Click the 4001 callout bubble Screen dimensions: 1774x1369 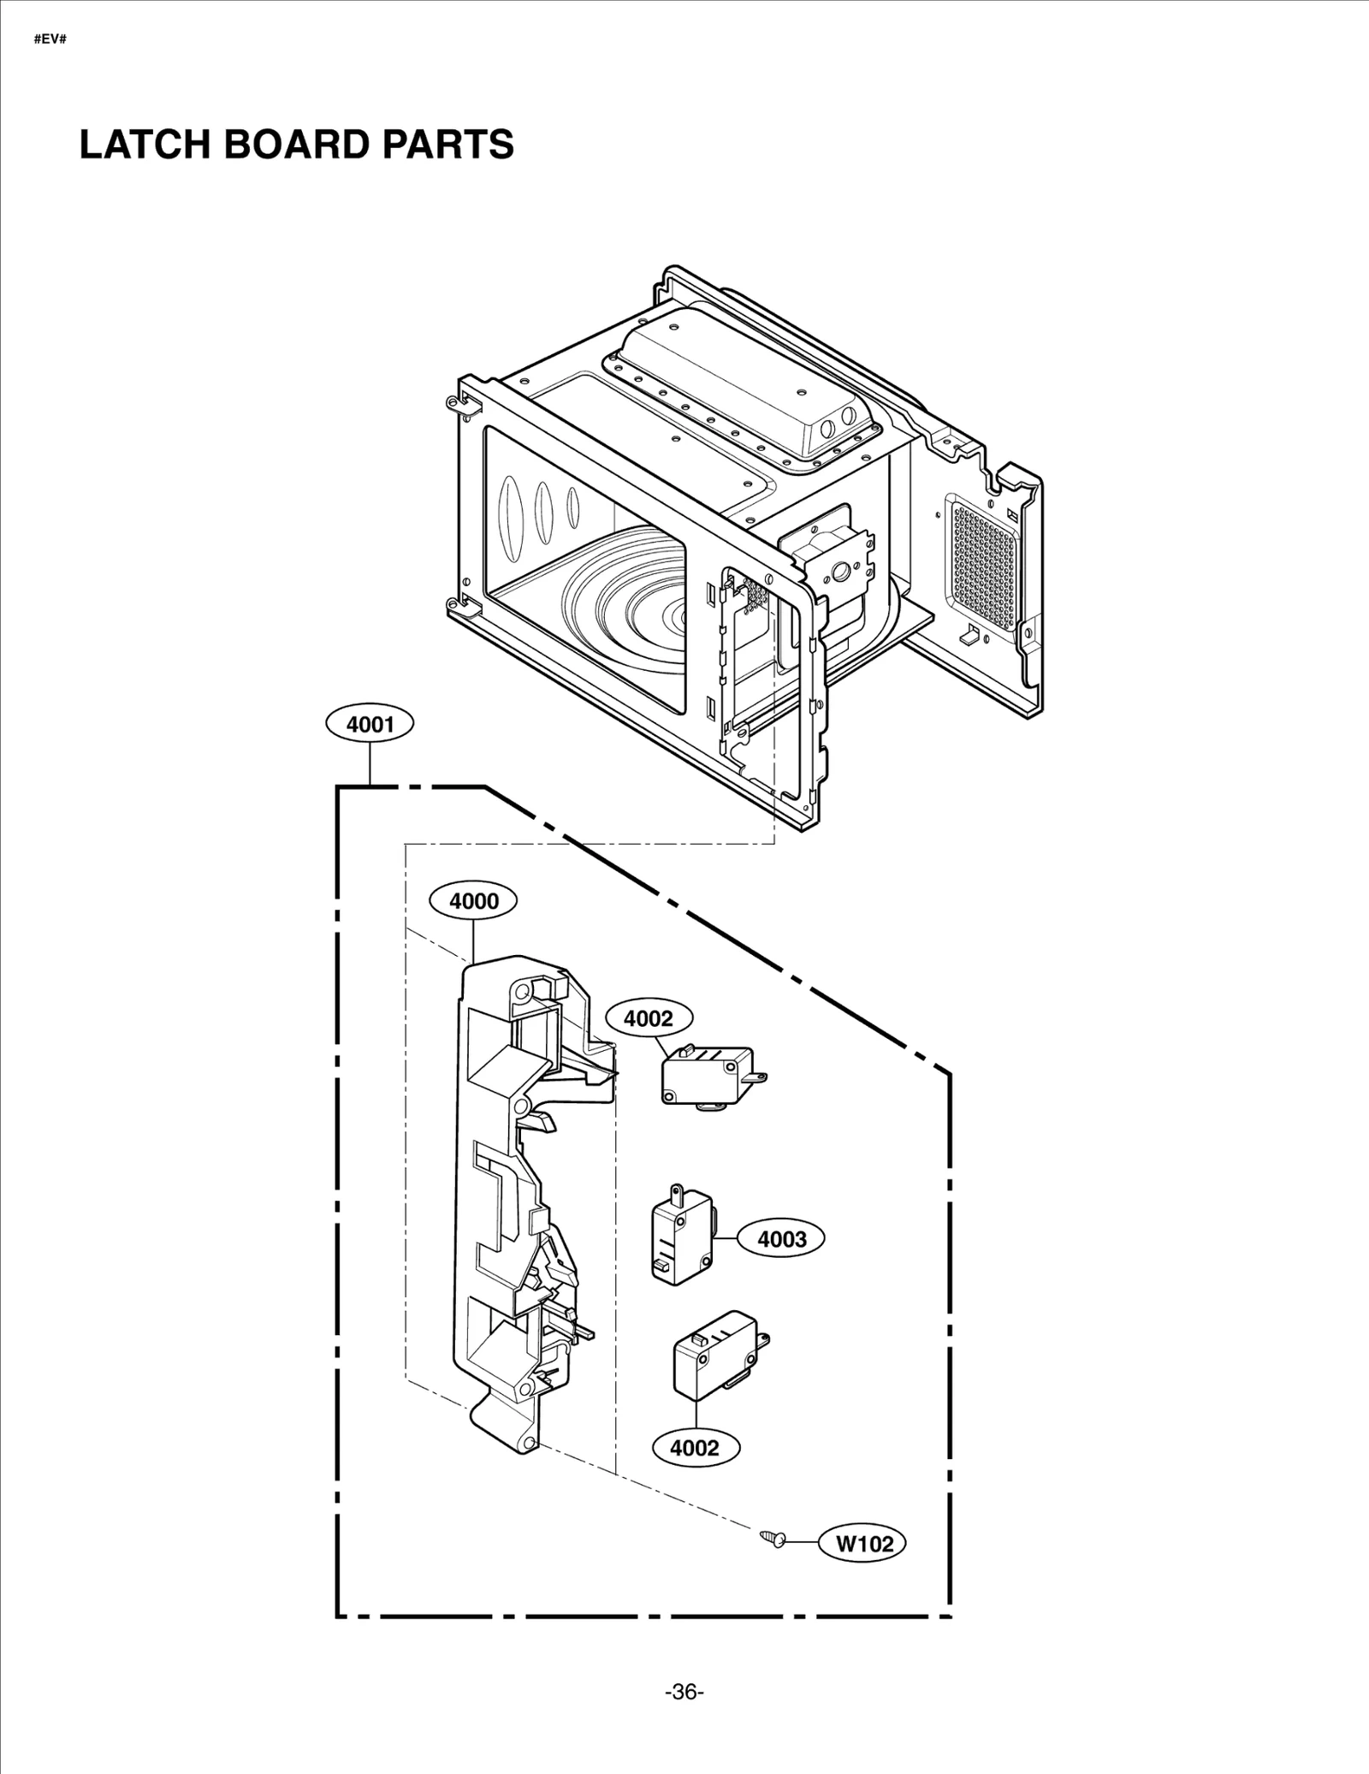coord(370,725)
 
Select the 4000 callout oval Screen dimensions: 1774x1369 coord(474,900)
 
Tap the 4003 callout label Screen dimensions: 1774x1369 coord(782,1238)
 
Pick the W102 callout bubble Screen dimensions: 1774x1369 coord(863,1543)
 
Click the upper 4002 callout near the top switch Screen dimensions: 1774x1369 coord(649,1018)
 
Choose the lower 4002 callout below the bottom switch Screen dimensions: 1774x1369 coord(696,1448)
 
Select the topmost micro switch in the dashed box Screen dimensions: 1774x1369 coord(709,1077)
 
